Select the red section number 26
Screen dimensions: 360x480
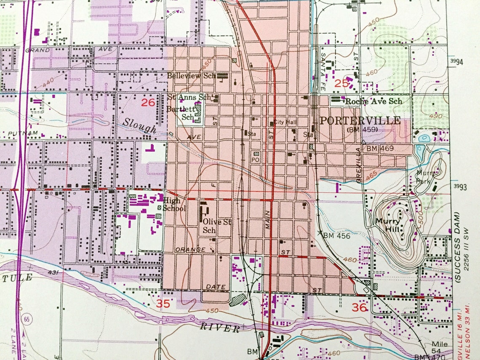(148, 102)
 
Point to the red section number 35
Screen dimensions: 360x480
(164, 303)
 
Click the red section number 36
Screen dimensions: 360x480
(360, 308)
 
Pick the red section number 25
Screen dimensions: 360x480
(341, 83)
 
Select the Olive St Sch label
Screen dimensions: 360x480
(217, 225)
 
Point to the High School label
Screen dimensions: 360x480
(174, 204)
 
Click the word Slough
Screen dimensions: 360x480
(140, 125)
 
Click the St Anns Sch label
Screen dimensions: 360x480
(189, 97)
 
